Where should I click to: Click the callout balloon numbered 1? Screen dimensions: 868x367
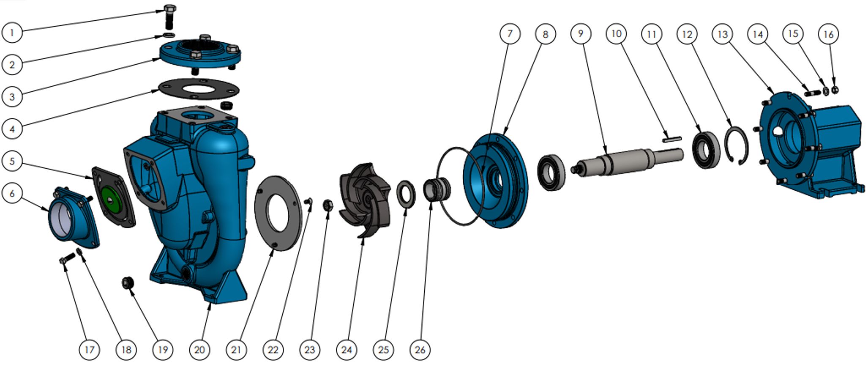pyautogui.click(x=12, y=32)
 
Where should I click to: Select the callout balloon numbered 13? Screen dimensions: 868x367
pyautogui.click(x=723, y=34)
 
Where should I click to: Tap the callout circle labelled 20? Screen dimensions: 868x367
pyautogui.click(x=199, y=350)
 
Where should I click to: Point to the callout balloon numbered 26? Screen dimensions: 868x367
pyautogui.click(x=420, y=350)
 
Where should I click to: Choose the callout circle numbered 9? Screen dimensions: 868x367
pyautogui.click(x=581, y=34)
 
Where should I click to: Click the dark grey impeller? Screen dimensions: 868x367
pyautogui.click(x=365, y=200)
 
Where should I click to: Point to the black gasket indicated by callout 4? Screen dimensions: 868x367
pyautogui.click(x=199, y=90)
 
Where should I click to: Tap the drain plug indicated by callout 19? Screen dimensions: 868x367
pyautogui.click(x=128, y=282)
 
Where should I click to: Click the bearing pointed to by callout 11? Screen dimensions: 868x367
pyautogui.click(x=706, y=150)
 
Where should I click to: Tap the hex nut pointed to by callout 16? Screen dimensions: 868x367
pyautogui.click(x=835, y=90)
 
